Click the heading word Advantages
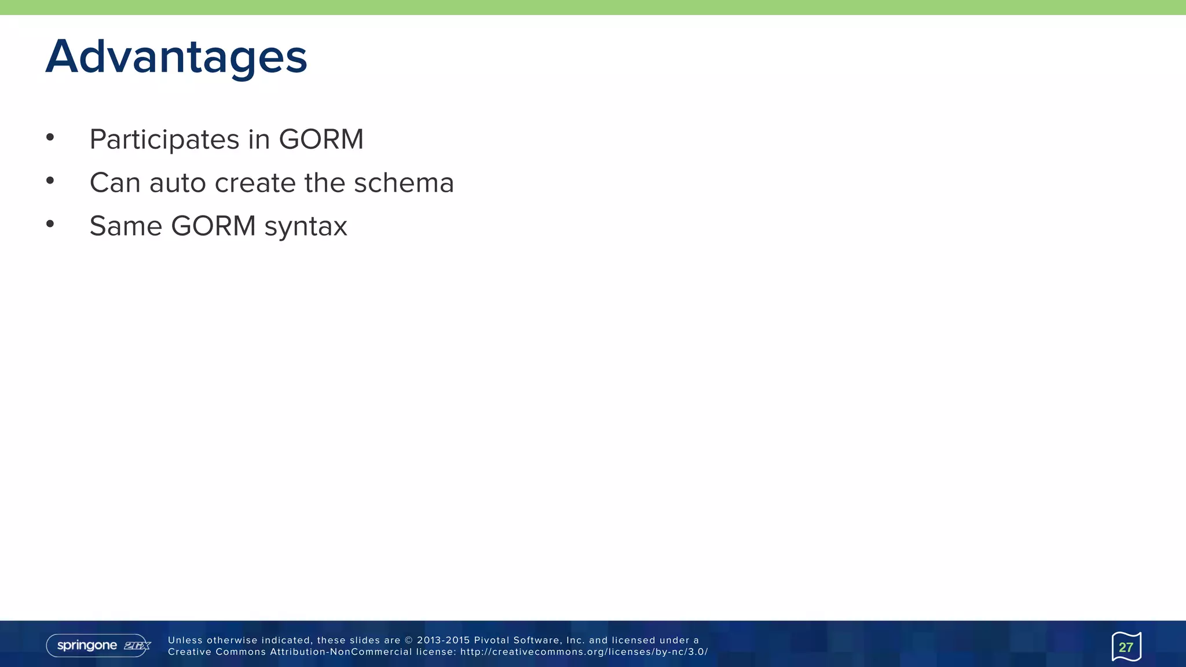tap(176, 57)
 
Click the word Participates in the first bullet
tap(164, 140)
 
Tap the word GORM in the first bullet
tap(321, 140)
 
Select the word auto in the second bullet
tap(178, 183)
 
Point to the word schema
tap(404, 183)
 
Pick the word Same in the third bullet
tap(126, 226)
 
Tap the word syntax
tap(306, 226)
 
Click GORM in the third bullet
tap(213, 226)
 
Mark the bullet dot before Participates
tap(50, 137)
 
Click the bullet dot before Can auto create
tap(50, 181)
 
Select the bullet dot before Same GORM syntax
tap(50, 223)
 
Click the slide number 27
tap(1126, 647)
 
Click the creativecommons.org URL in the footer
tap(584, 652)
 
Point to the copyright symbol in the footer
tap(408, 640)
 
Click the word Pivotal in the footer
tap(491, 640)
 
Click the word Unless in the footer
tap(185, 640)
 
